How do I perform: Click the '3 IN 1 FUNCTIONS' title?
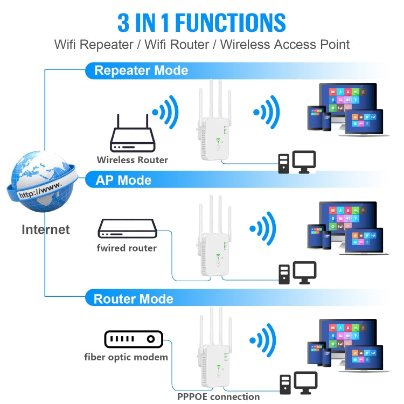(x=201, y=23)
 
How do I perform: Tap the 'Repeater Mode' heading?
(x=141, y=71)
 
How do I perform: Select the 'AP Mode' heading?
(x=123, y=180)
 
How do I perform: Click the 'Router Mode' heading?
(x=134, y=299)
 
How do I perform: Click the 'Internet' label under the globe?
(x=46, y=229)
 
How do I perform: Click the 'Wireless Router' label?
(x=133, y=160)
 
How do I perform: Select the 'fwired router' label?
(x=127, y=248)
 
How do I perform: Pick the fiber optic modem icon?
(x=133, y=339)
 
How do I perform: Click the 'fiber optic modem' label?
(x=126, y=357)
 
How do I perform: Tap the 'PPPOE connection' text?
(x=219, y=397)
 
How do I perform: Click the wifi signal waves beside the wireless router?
(x=166, y=112)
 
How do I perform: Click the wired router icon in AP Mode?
(x=128, y=229)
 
